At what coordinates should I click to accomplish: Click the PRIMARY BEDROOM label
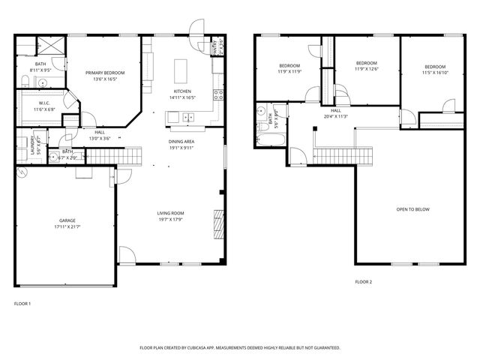point(104,72)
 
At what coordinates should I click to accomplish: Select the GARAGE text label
point(67,220)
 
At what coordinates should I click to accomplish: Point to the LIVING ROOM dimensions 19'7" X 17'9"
point(170,220)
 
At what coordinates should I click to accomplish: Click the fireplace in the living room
point(220,223)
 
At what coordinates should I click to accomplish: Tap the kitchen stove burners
point(218,94)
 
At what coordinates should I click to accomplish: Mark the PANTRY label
point(214,46)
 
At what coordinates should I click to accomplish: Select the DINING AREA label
point(181,141)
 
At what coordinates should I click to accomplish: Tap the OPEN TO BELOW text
point(412,209)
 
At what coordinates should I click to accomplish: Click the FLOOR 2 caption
point(363,282)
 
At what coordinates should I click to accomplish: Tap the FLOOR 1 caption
point(22,303)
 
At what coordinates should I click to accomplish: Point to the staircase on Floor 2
point(332,154)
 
